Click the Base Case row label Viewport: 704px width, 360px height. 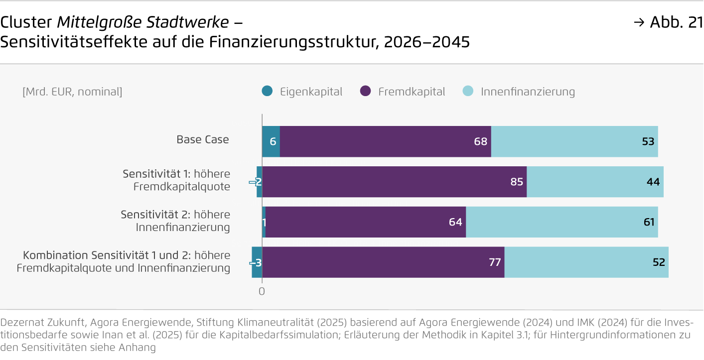[202, 139]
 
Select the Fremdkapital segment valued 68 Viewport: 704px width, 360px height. [385, 141]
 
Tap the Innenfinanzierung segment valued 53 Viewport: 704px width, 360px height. [574, 141]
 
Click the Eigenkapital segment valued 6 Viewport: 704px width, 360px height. [271, 141]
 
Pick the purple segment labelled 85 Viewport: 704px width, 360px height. [394, 182]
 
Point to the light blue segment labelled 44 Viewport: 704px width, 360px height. [595, 182]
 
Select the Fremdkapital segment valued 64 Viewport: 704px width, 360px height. [365, 222]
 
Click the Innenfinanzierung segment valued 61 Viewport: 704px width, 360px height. [562, 222]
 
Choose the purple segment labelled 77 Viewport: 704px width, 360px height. [383, 262]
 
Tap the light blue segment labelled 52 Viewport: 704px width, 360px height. [586, 262]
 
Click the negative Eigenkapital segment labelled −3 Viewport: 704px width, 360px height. [257, 262]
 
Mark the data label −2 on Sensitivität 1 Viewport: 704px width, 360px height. [256, 182]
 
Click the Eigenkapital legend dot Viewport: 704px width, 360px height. [267, 92]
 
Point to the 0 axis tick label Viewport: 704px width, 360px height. [262, 291]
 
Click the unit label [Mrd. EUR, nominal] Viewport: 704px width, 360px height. [72, 92]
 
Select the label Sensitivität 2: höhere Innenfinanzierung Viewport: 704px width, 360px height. [175, 221]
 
